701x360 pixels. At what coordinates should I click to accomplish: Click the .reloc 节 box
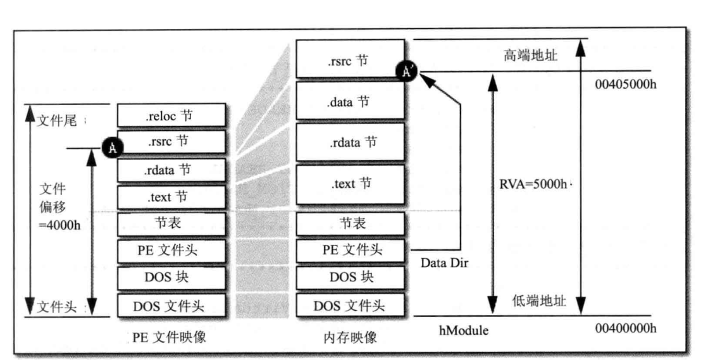point(172,115)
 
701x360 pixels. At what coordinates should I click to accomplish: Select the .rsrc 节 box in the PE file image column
point(172,142)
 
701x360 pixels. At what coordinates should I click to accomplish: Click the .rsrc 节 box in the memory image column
point(350,59)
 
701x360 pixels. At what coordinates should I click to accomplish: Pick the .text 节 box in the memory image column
point(350,185)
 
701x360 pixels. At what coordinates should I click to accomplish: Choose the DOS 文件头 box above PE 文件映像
point(172,307)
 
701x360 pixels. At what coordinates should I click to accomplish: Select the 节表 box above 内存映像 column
point(350,224)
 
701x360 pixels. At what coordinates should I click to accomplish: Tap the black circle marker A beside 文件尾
point(111,148)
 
